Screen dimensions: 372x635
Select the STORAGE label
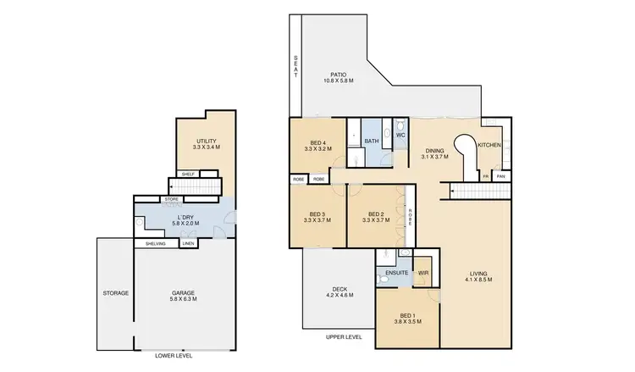[116, 293]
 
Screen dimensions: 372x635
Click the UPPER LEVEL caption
[344, 336]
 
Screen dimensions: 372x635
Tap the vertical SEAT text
[295, 67]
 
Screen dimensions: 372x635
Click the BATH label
[371, 141]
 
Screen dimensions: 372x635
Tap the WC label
[400, 134]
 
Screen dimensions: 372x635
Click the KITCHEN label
[490, 146]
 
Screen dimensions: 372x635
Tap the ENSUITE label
[396, 273]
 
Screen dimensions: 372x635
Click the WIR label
[423, 274]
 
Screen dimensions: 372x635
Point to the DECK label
[340, 292]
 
